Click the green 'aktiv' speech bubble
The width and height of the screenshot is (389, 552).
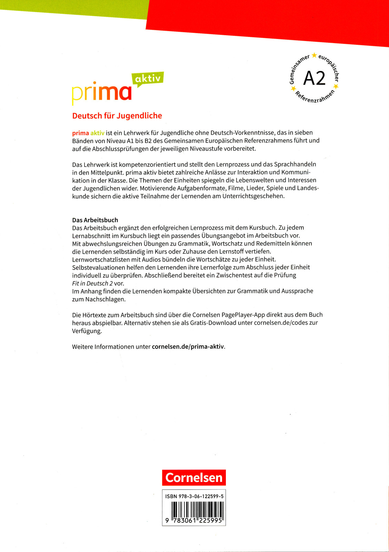148,79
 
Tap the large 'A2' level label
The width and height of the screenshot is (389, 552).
314,78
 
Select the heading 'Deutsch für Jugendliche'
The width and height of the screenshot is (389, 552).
117,116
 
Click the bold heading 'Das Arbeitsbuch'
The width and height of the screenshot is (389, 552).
95,220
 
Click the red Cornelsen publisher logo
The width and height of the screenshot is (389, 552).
194,477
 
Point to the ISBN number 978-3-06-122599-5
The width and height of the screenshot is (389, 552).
194,496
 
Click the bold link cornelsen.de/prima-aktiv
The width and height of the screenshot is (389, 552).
188,347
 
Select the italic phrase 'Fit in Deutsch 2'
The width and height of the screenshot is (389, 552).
92,283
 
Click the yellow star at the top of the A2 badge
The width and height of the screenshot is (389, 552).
314,55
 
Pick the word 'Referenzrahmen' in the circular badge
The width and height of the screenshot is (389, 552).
314,98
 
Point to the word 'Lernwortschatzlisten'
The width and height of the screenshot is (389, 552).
101,259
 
